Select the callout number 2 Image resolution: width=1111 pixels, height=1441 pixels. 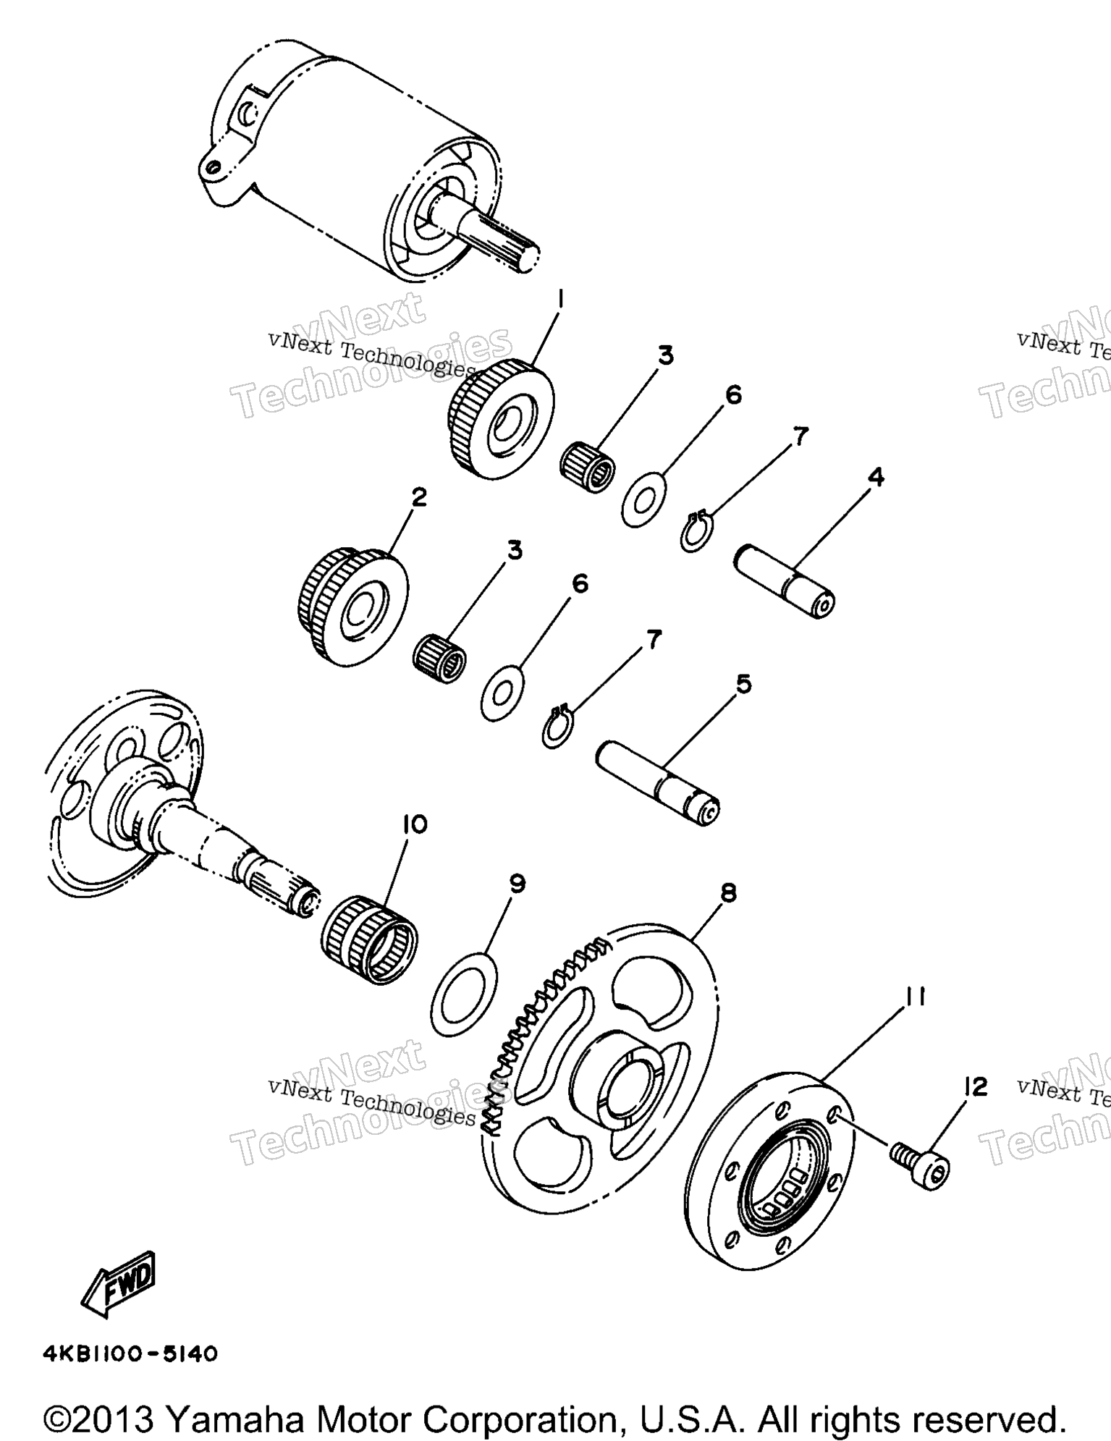pos(418,497)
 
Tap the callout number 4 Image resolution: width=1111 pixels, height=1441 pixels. pos(876,477)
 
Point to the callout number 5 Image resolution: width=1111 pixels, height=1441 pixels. pos(743,683)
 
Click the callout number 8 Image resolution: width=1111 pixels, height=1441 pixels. pos(728,893)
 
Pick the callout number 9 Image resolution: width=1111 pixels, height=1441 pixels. pos(517,883)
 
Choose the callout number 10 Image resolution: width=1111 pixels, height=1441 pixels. pos(415,824)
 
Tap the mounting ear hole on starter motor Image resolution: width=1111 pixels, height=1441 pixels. pos(211,168)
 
